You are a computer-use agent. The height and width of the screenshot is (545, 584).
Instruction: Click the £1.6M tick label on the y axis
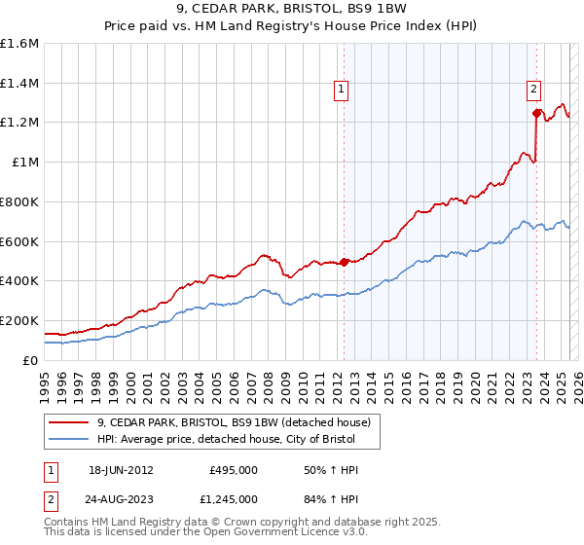click(x=19, y=44)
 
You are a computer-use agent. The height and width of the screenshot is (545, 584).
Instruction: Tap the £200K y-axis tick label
click(x=19, y=320)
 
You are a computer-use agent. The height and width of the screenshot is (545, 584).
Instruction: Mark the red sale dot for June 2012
click(x=345, y=262)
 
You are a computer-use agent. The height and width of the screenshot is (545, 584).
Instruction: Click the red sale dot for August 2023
click(x=536, y=113)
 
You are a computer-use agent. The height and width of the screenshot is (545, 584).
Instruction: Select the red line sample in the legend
click(x=69, y=423)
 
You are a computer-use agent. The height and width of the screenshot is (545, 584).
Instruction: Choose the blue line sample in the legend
click(x=69, y=441)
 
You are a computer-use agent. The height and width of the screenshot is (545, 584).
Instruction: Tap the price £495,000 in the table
click(x=233, y=470)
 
